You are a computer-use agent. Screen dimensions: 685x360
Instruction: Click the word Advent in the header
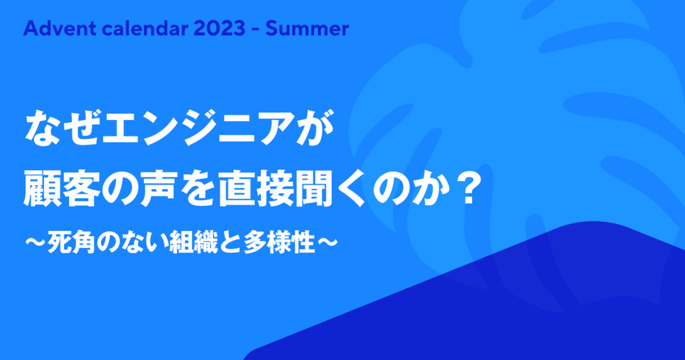60,28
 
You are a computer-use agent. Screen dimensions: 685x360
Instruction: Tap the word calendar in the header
145,28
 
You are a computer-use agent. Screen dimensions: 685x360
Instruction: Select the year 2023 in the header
219,28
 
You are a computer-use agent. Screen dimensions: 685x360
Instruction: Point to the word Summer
307,28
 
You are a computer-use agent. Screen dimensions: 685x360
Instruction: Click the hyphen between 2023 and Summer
256,30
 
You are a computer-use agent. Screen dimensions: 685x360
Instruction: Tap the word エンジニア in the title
198,128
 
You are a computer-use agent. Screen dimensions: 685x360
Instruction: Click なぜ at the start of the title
62,128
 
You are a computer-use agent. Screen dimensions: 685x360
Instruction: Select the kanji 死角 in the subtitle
71,242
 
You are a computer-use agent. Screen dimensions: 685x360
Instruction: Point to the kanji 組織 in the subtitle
193,242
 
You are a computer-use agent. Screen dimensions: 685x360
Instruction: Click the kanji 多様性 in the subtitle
279,242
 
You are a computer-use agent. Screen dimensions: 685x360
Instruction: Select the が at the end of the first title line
315,128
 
